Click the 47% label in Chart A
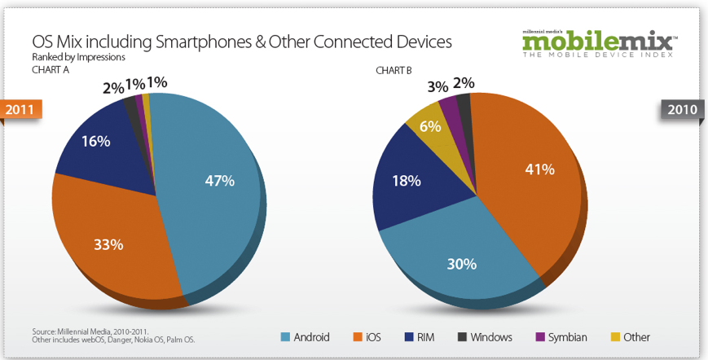pyautogui.click(x=219, y=181)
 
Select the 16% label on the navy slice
pyautogui.click(x=95, y=141)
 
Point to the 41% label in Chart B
pyautogui.click(x=539, y=169)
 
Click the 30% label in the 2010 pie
pyautogui.click(x=461, y=263)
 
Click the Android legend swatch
pyautogui.click(x=286, y=336)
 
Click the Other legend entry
pyautogui.click(x=630, y=336)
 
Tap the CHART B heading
pyautogui.click(x=396, y=70)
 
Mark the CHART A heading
pyautogui.click(x=51, y=70)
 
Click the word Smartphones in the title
pyautogui.click(x=200, y=41)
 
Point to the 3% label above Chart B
pyautogui.click(x=438, y=86)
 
